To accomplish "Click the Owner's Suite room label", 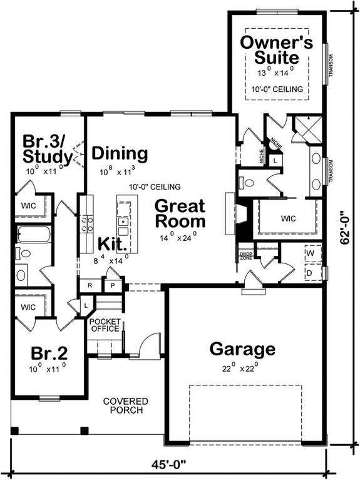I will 276,50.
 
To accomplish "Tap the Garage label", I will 242,348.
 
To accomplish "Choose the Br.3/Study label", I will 45,146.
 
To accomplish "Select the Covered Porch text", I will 125,405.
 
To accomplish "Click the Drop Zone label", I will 245,256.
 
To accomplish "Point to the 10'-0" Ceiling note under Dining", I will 155,187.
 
